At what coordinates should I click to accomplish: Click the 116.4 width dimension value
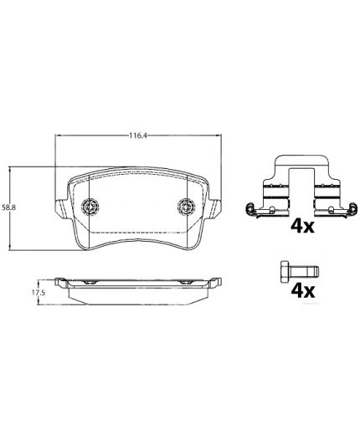coord(138,136)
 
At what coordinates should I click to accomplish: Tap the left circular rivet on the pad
coord(90,207)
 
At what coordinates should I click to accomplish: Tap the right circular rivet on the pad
coord(186,207)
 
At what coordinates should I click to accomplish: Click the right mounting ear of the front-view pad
coord(215,208)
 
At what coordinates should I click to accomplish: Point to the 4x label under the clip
coord(302,227)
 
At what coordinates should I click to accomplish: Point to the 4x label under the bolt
coord(303,291)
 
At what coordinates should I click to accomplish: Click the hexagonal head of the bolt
coord(285,271)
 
